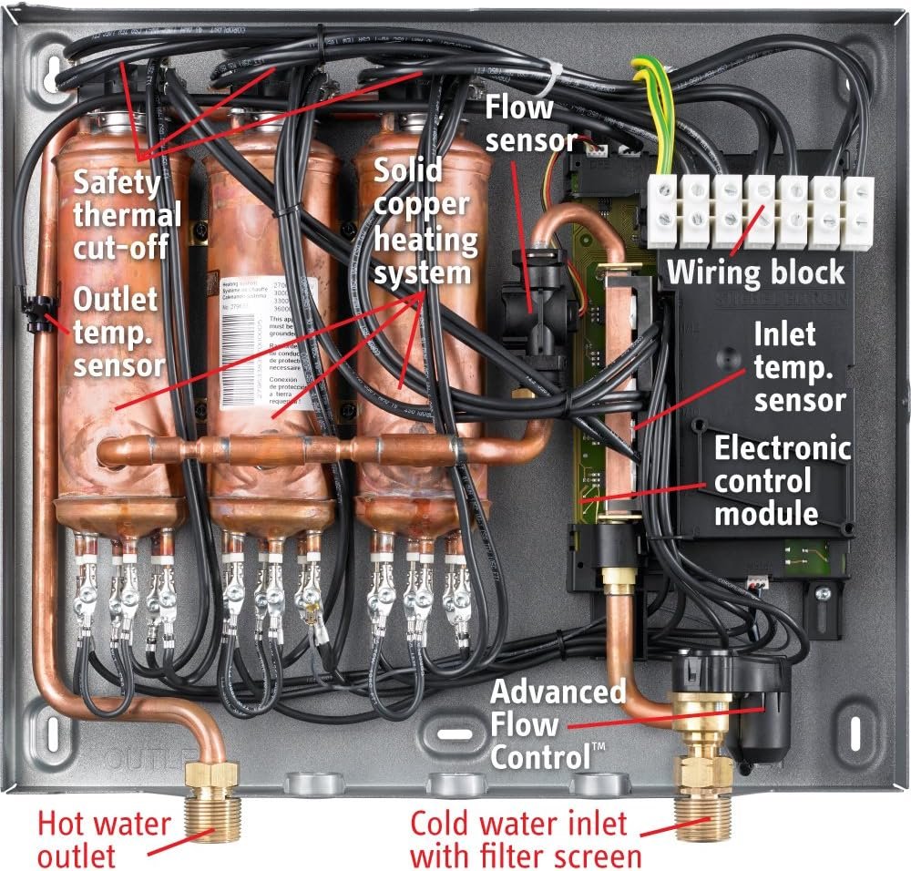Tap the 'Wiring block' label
point(756,272)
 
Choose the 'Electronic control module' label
point(782,480)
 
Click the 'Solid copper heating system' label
point(425,221)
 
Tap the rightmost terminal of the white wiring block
point(858,211)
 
